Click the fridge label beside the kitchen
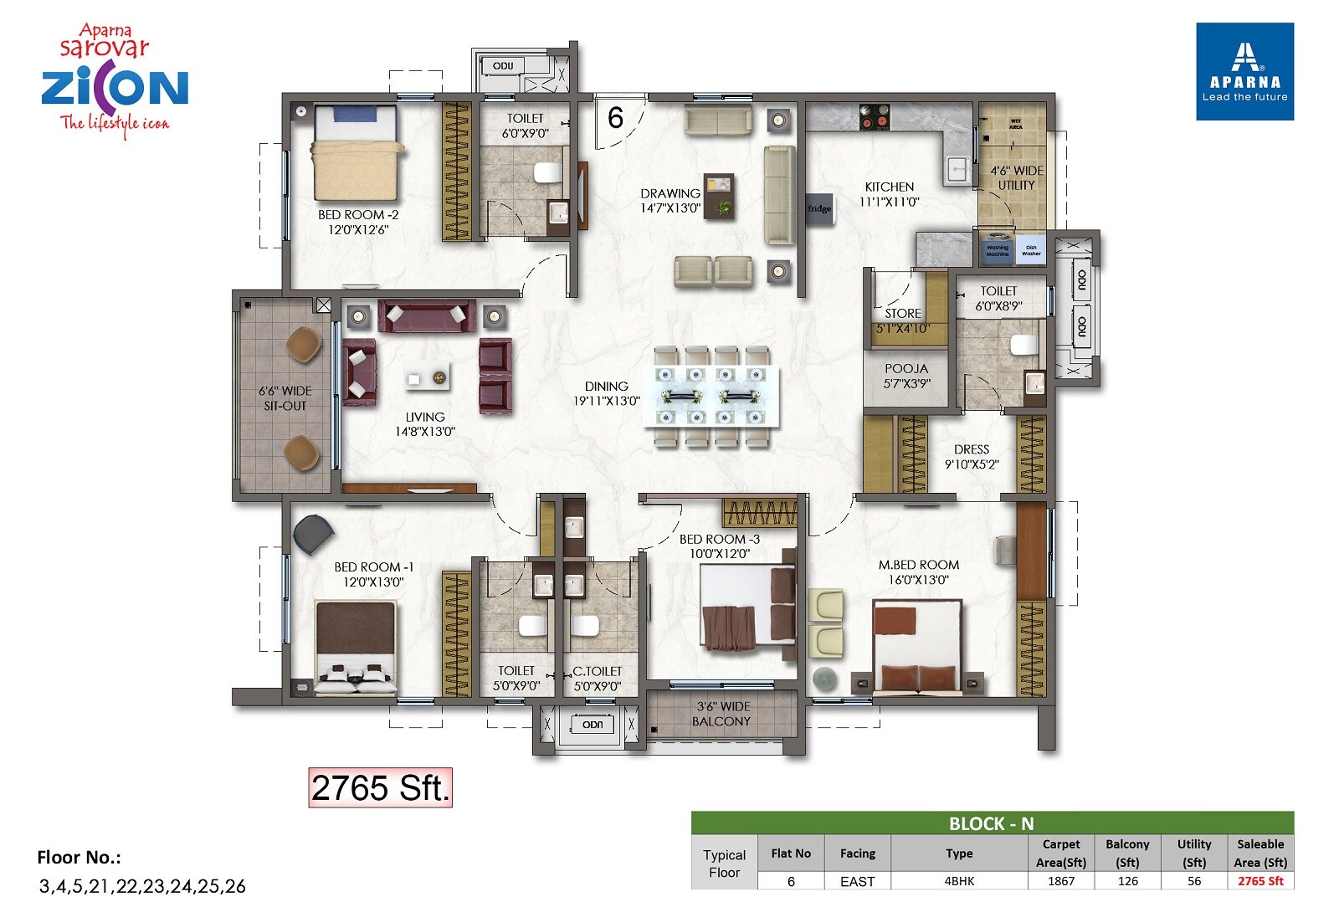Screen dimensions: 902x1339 pyautogui.click(x=819, y=208)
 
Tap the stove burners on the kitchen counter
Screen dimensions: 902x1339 pyautogui.click(x=875, y=116)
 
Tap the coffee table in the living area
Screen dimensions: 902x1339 pyautogui.click(x=427, y=378)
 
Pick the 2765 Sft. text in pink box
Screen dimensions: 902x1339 pyautogui.click(x=380, y=788)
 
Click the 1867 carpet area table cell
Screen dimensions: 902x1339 pyautogui.click(x=1060, y=881)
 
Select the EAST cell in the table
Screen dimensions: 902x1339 pyautogui.click(x=857, y=881)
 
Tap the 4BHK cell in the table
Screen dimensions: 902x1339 pyautogui.click(x=959, y=881)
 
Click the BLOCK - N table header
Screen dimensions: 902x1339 pyautogui.click(x=992, y=823)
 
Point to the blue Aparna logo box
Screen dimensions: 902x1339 pyautogui.click(x=1244, y=72)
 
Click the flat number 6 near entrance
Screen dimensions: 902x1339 pyautogui.click(x=615, y=118)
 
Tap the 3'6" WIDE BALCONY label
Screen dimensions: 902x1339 pyautogui.click(x=722, y=714)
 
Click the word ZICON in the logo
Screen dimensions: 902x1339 pyautogui.click(x=115, y=88)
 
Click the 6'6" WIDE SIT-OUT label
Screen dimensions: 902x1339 pyautogui.click(x=285, y=398)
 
